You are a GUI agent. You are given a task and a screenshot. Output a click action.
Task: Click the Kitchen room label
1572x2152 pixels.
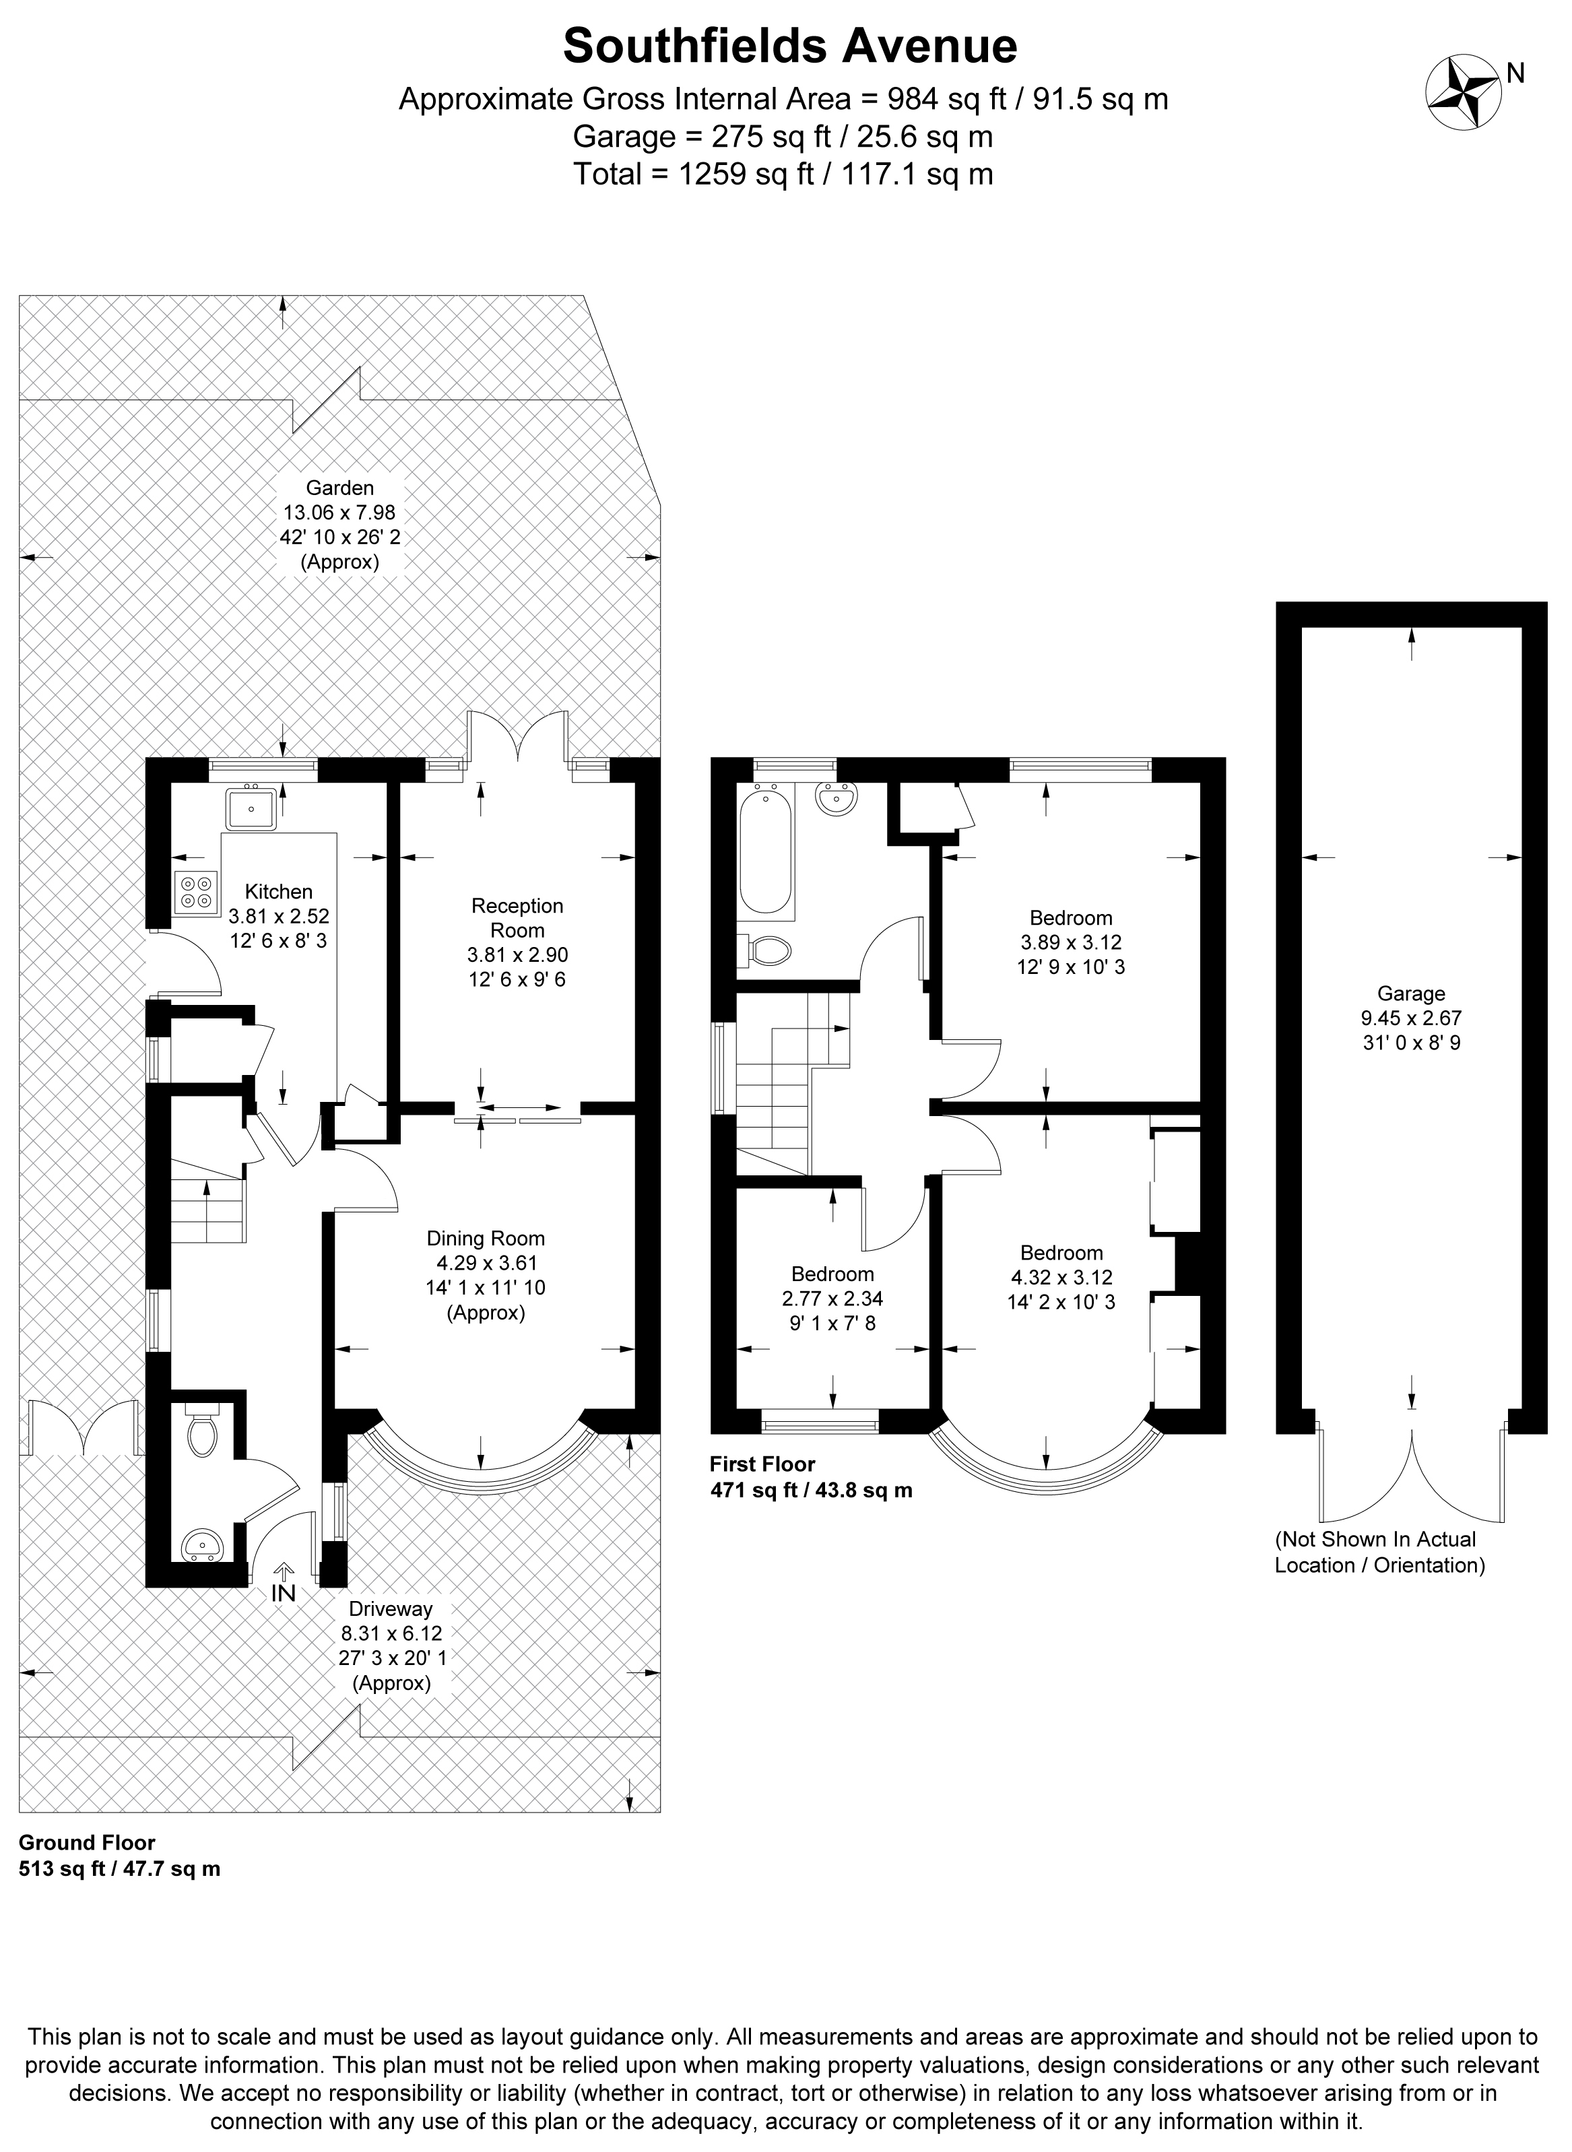(x=279, y=891)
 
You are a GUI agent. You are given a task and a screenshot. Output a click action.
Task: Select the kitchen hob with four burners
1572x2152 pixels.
(x=196, y=893)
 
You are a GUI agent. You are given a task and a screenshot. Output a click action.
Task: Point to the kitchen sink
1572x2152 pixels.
(x=251, y=808)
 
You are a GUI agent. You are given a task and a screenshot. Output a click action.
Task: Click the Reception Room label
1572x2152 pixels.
(x=518, y=918)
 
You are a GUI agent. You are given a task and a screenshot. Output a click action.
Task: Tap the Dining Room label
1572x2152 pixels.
(x=486, y=1238)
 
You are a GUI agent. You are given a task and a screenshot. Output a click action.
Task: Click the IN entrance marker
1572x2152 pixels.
(x=284, y=1592)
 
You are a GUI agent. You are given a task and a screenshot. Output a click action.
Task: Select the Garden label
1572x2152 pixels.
(x=339, y=488)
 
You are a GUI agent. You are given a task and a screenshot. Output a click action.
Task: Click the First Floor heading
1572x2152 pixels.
(x=762, y=1464)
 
